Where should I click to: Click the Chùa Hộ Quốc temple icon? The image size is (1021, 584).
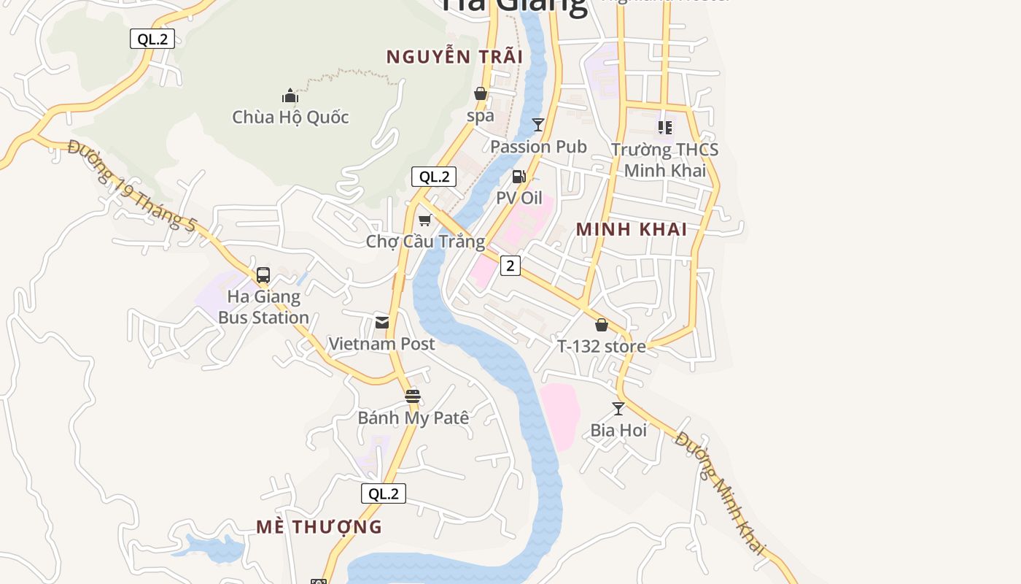[290, 96]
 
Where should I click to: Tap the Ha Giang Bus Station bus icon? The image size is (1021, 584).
[263, 275]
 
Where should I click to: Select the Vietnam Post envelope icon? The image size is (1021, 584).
[382, 323]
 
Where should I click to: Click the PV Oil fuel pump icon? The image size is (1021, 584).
[519, 176]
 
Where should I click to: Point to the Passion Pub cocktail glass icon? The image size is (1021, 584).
[538, 125]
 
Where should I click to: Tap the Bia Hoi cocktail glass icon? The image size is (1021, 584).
[618, 409]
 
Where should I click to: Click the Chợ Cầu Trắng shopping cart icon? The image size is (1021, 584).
[425, 220]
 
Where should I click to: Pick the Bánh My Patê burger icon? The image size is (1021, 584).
[413, 396]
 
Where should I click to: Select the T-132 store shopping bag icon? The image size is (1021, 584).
[602, 325]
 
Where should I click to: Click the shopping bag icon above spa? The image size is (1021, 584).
[481, 93]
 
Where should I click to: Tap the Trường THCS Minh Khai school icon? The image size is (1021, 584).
[664, 128]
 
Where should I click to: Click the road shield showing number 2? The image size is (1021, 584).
[510, 266]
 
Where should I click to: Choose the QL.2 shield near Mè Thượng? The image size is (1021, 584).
[384, 493]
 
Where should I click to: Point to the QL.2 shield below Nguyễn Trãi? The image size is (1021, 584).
[434, 176]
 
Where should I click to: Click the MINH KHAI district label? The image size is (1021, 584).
[632, 229]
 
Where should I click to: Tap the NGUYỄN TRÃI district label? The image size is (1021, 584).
[454, 57]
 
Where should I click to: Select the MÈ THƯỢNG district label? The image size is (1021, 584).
[319, 526]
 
